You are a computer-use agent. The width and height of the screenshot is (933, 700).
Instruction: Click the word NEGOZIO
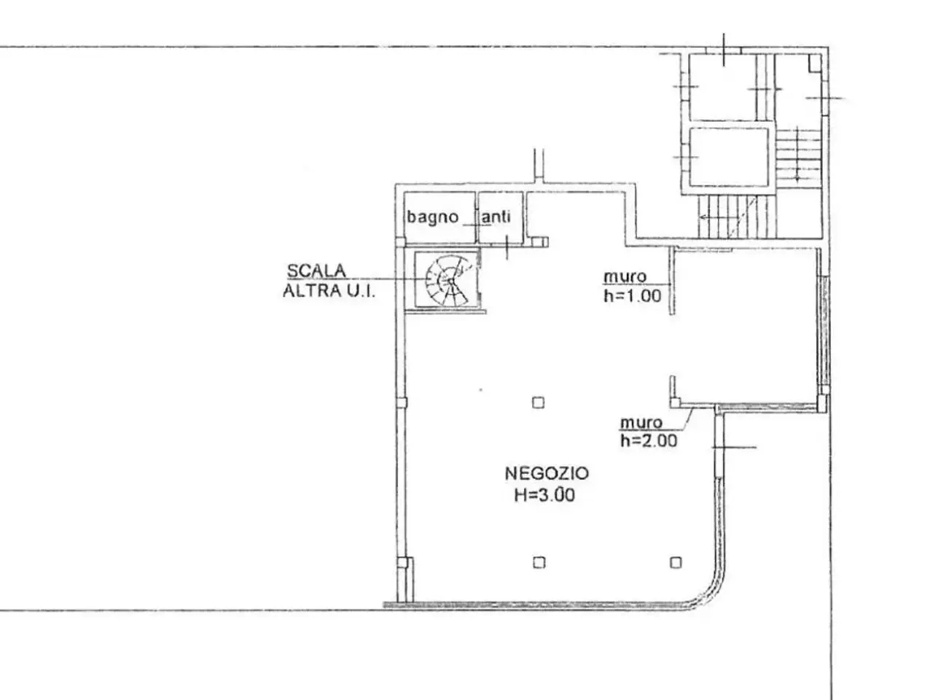[x=546, y=473]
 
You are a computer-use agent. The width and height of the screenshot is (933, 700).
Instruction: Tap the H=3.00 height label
[x=544, y=494]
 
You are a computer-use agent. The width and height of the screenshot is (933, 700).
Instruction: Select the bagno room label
[x=432, y=217]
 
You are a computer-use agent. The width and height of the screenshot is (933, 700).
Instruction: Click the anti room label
[x=496, y=217]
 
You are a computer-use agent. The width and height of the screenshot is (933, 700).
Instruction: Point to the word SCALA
[x=316, y=271]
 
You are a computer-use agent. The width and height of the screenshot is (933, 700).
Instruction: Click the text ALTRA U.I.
[x=329, y=291]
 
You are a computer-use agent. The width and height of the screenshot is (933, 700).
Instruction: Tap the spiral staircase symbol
[x=447, y=280]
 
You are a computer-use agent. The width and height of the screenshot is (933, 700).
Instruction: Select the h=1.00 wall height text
[x=633, y=296]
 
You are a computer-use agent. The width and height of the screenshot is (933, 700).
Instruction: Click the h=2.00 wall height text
[x=649, y=440]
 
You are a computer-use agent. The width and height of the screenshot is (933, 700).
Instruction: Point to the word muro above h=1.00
[x=625, y=276]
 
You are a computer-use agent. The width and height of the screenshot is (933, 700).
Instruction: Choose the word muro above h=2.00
[x=641, y=422]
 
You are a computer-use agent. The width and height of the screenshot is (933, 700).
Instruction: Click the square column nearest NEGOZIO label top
[x=538, y=402]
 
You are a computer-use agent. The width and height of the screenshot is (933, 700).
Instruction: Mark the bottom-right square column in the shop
[x=676, y=563]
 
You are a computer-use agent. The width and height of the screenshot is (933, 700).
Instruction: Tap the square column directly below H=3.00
[x=539, y=563]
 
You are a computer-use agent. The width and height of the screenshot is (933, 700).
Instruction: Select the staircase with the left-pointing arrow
[x=737, y=217]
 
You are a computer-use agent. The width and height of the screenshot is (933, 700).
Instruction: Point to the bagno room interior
[x=440, y=217]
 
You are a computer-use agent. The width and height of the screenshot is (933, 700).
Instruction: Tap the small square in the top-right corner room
[x=815, y=63]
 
